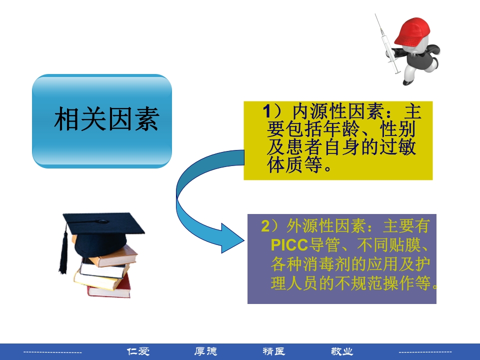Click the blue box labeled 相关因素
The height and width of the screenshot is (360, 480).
click(102, 120)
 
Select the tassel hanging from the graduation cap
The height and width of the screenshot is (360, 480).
click(63, 252)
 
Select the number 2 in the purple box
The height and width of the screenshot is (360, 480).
click(265, 226)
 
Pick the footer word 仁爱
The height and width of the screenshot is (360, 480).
click(138, 351)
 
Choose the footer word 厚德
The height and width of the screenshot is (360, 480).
click(206, 351)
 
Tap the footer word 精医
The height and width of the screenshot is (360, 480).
click(274, 351)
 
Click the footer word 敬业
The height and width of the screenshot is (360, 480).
click(342, 351)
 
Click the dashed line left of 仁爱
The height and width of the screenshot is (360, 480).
click(52, 352)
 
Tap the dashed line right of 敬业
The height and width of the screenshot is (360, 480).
click(425, 352)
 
